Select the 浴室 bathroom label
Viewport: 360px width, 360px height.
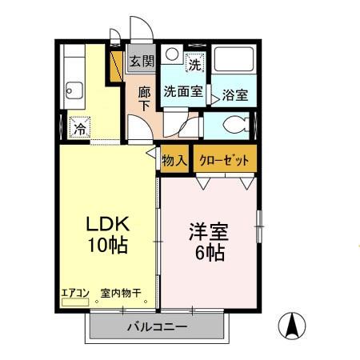234,94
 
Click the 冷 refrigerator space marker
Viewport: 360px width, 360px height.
79,128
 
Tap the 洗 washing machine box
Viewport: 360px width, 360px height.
195,62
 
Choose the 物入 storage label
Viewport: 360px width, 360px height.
174,160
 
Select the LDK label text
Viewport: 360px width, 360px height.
102,225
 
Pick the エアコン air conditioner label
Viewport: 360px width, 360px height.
74,293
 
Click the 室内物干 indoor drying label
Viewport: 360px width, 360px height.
120,293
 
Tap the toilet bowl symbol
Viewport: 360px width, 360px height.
233,125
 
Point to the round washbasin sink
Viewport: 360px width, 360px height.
172,57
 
